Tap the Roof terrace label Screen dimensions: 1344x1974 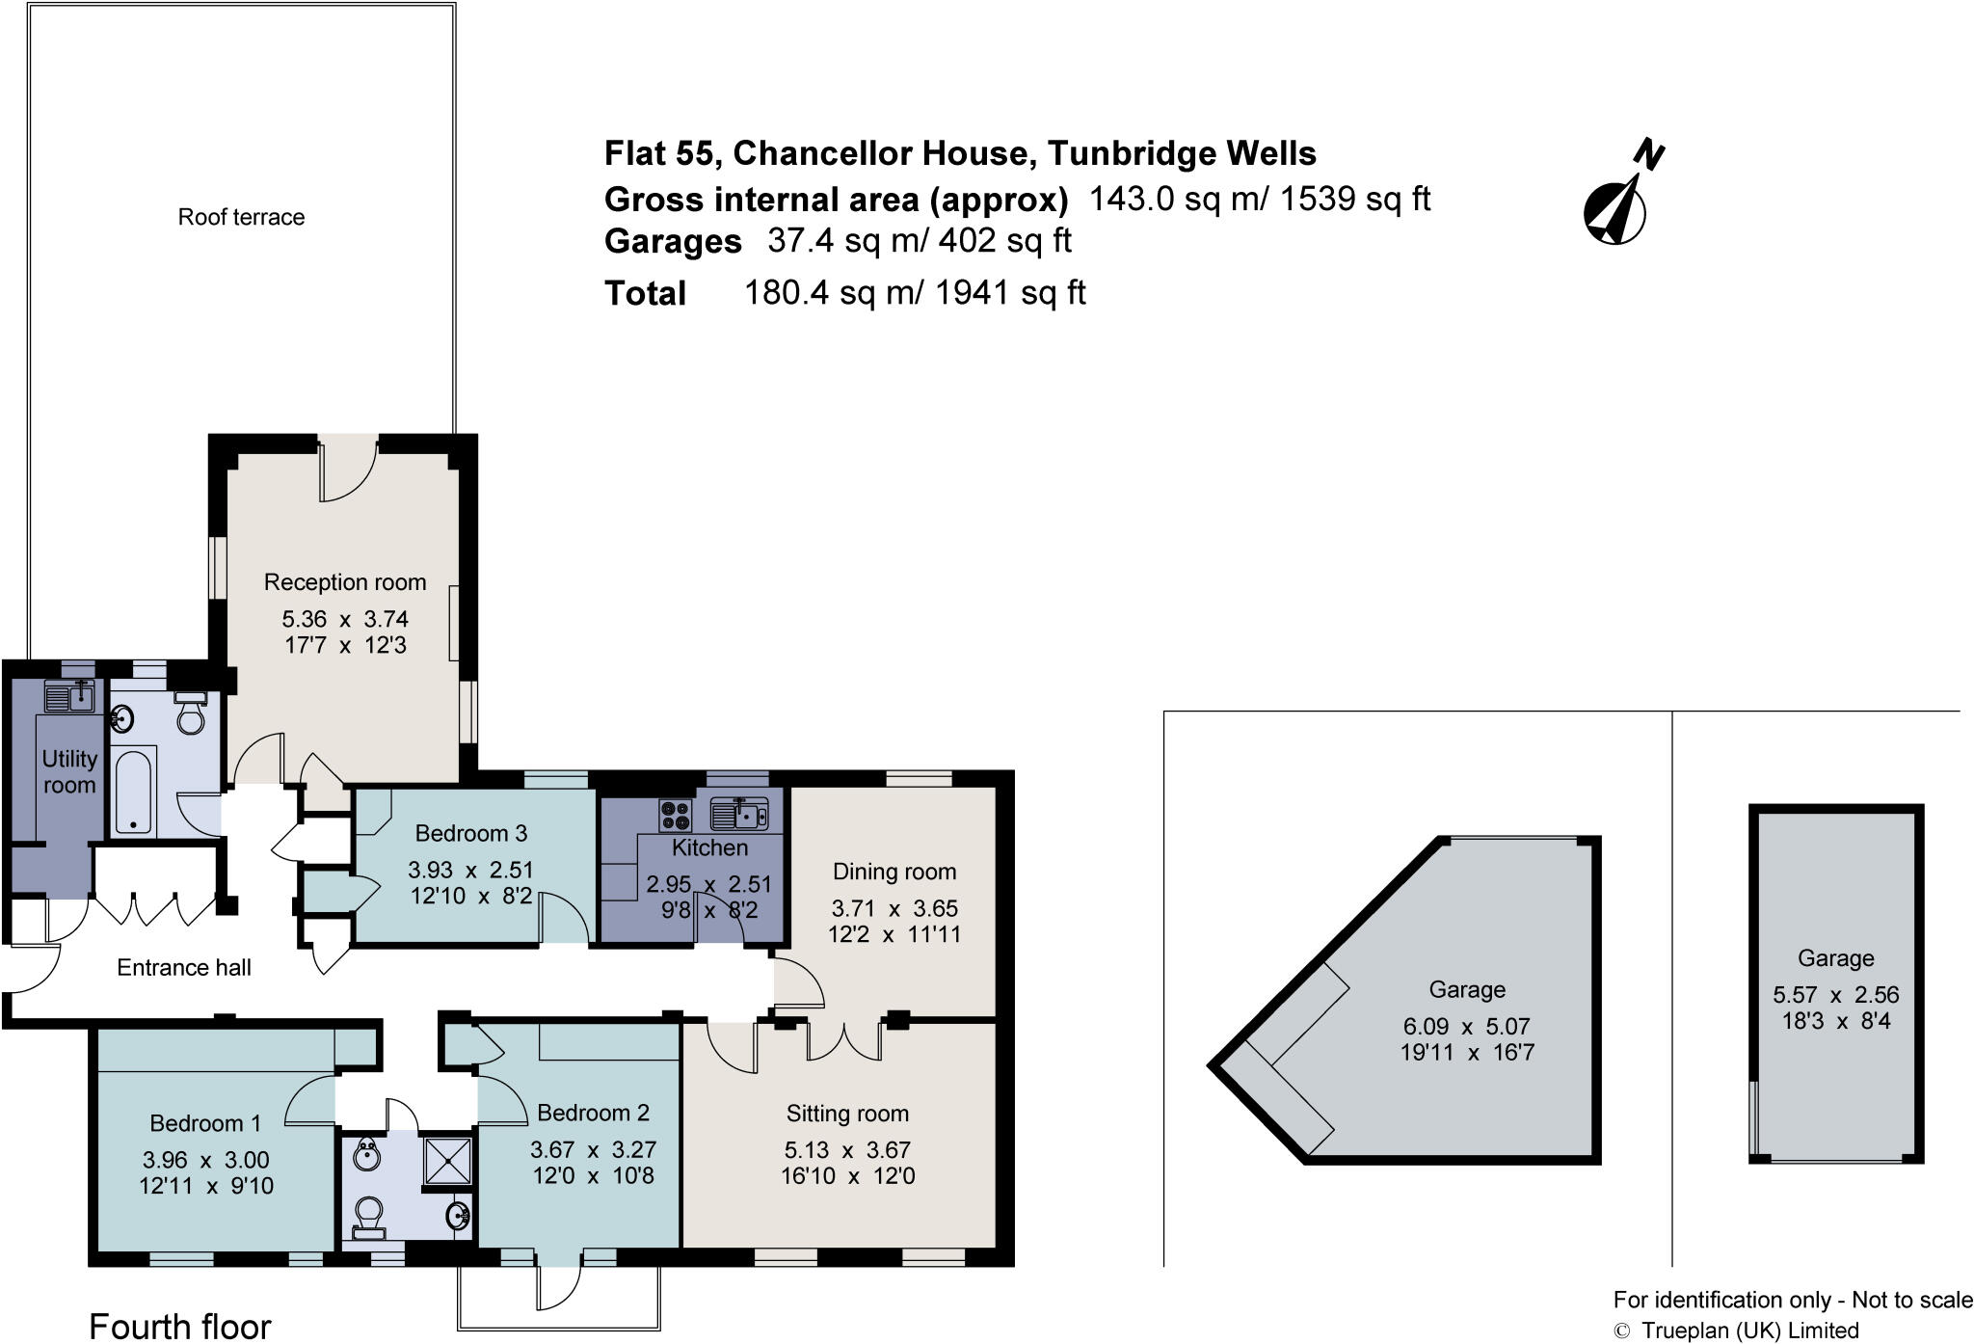point(241,217)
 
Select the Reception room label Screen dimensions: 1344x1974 point(345,582)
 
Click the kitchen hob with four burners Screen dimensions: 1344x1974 point(675,815)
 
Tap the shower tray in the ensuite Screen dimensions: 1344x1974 point(449,1162)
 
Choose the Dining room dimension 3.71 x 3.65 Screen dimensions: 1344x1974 point(894,908)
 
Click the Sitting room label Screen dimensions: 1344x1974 point(847,1114)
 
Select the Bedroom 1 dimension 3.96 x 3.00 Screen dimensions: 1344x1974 point(206,1160)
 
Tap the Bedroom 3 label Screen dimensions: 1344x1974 point(471,833)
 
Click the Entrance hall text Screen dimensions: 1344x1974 point(184,968)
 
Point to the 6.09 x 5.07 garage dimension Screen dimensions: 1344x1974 point(1467,1027)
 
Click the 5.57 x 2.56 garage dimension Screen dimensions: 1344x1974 point(1835,995)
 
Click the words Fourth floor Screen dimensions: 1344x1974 point(180,1327)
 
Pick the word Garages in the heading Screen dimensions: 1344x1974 point(673,241)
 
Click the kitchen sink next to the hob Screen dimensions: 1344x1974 point(739,815)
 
